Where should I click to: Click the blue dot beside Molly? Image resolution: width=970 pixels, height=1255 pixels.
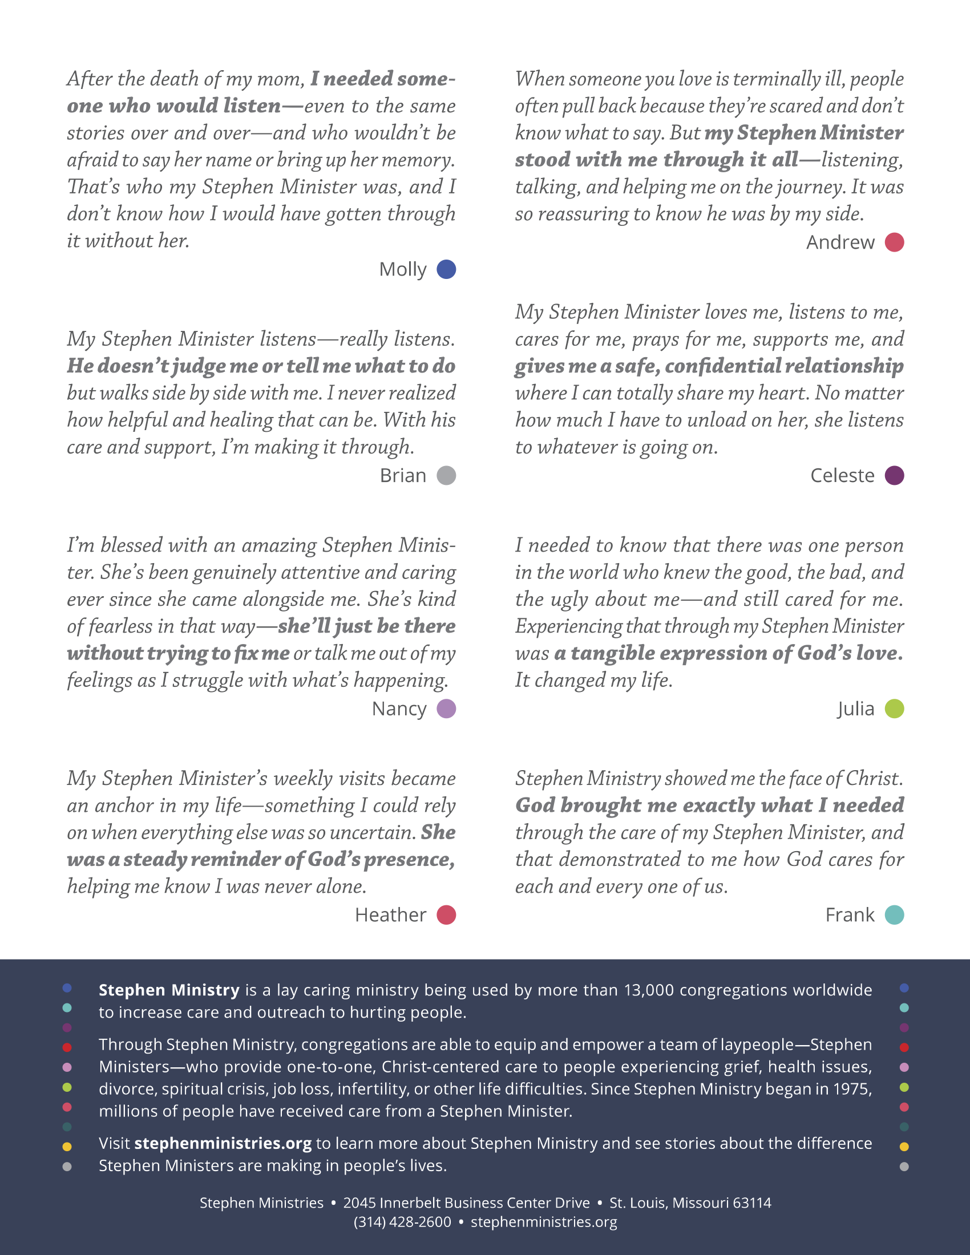[446, 269]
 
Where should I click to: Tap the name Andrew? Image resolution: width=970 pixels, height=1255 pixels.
[840, 242]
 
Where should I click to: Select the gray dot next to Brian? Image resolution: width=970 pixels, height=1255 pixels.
[446, 475]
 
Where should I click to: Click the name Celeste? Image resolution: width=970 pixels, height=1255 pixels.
[842, 475]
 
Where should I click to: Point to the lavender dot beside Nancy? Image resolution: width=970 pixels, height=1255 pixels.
[446, 709]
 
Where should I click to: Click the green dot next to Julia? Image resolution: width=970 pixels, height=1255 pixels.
[894, 709]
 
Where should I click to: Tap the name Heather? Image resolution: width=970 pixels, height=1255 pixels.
[391, 915]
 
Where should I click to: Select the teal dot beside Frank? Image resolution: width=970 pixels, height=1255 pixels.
[894, 915]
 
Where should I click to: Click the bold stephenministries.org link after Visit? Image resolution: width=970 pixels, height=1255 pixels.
[223, 1143]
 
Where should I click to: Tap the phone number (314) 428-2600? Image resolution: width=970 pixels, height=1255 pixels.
[402, 1222]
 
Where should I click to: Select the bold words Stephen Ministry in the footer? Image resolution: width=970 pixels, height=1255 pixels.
[169, 990]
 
